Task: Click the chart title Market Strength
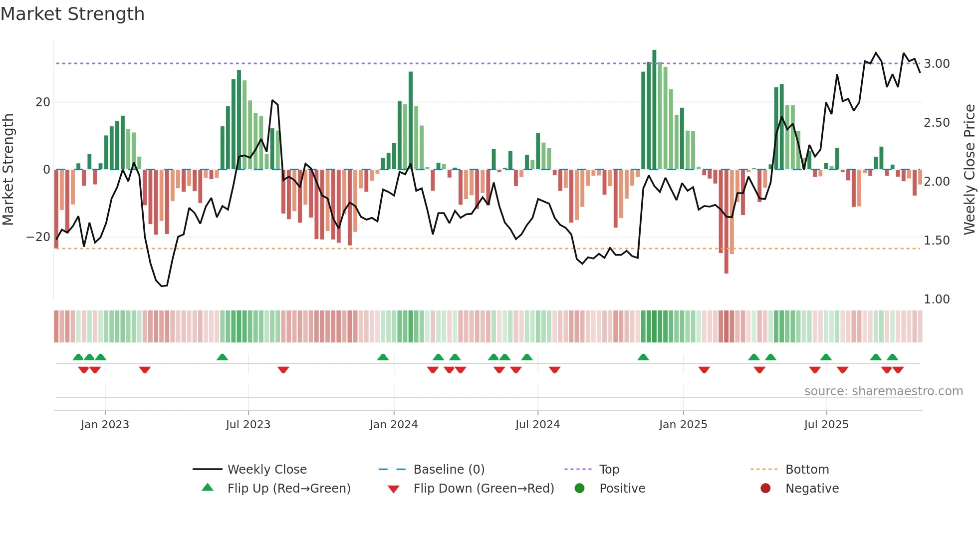(73, 14)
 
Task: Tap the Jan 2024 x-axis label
(393, 425)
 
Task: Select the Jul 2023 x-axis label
(248, 425)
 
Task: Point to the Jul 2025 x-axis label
(826, 425)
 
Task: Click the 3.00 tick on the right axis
(937, 64)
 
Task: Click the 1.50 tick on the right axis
(937, 241)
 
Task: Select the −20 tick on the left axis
(38, 237)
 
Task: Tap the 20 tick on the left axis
(43, 102)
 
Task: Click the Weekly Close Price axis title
(969, 169)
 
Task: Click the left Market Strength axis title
(8, 169)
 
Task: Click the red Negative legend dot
(765, 489)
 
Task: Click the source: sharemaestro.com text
(883, 391)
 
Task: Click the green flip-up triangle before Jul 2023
(223, 357)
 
